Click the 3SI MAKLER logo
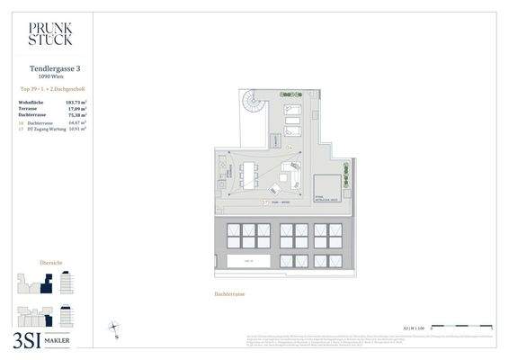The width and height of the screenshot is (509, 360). (45, 339)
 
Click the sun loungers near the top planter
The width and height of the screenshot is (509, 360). (294, 119)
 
